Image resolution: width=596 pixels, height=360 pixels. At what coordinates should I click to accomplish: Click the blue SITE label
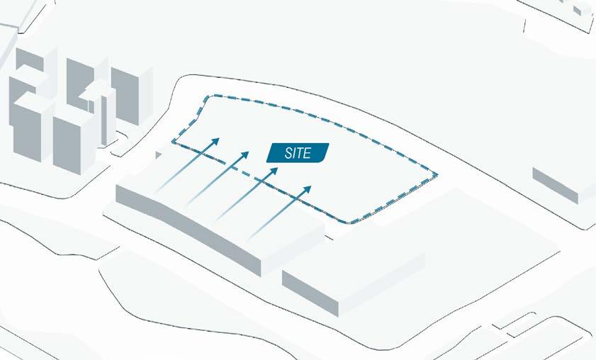tap(298, 152)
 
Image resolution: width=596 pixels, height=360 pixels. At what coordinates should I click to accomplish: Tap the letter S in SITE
tap(288, 153)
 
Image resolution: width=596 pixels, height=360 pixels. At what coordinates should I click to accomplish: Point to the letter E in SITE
tap(308, 153)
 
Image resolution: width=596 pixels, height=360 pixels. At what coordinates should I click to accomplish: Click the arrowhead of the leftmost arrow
tap(215, 141)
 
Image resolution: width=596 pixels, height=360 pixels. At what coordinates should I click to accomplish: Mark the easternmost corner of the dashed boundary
tap(437, 174)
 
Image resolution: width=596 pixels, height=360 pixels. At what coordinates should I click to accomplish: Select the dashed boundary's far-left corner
tap(173, 144)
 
